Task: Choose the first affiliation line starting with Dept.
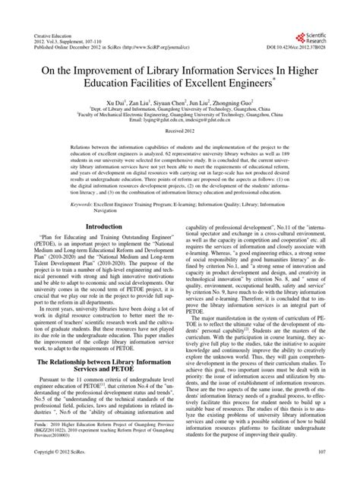tap(179, 109)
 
